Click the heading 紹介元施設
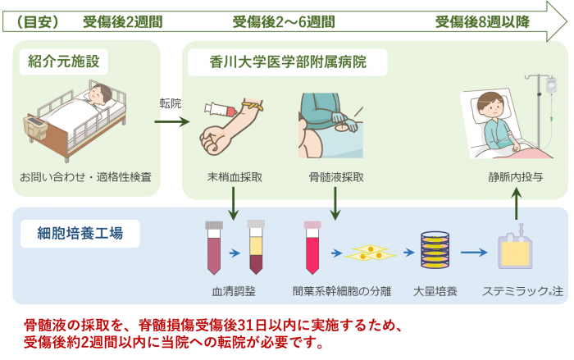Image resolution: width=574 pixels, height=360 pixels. pos(64,62)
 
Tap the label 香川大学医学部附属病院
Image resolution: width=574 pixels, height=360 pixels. pos(288,62)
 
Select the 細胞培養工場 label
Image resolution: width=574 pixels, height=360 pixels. pos(80,233)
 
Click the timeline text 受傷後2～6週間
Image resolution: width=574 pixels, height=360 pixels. pos(284,21)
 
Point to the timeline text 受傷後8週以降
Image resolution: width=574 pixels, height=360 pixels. pos(482,21)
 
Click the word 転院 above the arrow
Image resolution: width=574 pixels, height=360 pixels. pos(171,103)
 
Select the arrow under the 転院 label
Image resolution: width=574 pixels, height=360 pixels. pos(172,121)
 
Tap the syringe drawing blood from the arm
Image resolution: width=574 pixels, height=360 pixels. pos(221,109)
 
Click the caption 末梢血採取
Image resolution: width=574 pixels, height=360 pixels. pos(235,177)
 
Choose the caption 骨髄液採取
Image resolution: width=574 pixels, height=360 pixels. pos(336,177)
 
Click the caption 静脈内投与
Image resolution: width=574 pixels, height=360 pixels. pos(516,177)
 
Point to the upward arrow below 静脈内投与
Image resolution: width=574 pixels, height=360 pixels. pos(516,203)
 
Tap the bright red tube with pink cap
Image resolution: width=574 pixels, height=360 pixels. pos(312,247)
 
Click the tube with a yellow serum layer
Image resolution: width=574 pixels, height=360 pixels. pos(256,247)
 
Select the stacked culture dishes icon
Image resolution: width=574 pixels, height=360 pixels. pos(435,250)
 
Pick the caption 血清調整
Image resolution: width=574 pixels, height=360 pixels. pos(234,291)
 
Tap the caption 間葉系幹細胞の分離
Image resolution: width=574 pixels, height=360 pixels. pos(342,291)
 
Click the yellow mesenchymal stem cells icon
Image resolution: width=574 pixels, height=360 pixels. pos(370,253)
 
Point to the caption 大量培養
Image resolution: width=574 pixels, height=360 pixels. pos(435,291)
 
